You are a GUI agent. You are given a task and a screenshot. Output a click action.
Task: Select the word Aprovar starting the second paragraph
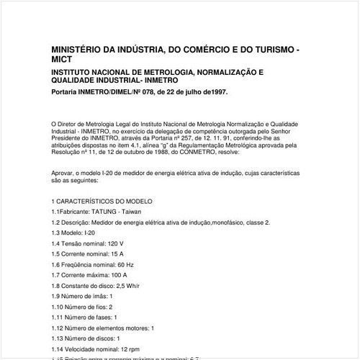63,174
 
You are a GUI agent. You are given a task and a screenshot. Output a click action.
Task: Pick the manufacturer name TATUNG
105,212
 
